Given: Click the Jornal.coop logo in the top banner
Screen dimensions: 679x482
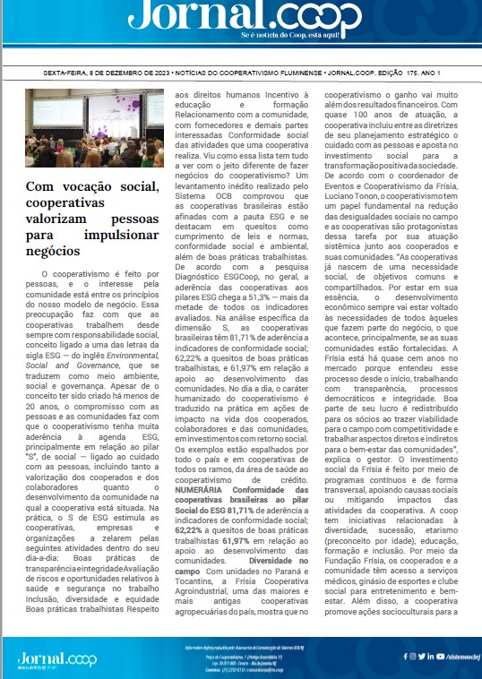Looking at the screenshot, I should click(x=242, y=17).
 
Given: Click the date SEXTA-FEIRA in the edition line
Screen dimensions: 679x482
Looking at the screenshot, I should click(x=71, y=72).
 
